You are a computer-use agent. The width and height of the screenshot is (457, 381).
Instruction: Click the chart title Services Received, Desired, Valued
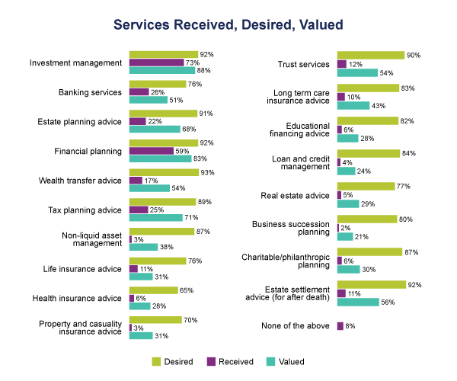point(228,24)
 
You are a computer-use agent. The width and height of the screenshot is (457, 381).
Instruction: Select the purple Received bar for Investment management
point(157,62)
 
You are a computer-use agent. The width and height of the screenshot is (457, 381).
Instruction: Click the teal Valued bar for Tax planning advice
point(155,217)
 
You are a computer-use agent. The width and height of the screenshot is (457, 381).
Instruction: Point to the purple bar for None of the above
point(340,325)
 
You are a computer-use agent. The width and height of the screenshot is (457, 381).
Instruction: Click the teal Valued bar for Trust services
point(357,72)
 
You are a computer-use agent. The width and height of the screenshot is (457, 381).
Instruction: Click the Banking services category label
point(91,92)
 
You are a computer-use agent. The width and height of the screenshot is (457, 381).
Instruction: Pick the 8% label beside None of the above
point(350,325)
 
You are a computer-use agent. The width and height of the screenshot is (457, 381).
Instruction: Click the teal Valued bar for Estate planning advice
point(155,129)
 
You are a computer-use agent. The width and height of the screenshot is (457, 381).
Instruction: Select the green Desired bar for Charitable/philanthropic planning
point(369,251)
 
